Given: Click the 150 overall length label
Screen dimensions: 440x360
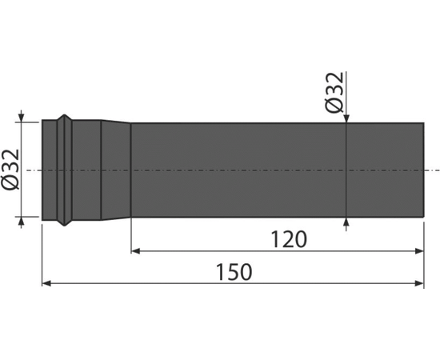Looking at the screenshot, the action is tap(234, 272).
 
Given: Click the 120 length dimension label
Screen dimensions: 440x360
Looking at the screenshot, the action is tap(289, 239).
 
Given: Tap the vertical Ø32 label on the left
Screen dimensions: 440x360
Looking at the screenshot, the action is tap(10, 170).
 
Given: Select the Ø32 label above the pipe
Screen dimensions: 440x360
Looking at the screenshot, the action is tap(334, 92).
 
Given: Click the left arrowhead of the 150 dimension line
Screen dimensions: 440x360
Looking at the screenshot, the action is tap(46, 283).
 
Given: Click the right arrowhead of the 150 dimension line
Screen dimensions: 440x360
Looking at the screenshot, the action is tap(419, 283).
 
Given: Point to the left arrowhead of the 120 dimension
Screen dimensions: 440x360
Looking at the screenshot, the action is tap(135, 251).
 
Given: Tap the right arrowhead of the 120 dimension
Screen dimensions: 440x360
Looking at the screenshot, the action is tap(419, 251).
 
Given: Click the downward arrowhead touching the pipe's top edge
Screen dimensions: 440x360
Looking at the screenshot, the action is tap(346, 118).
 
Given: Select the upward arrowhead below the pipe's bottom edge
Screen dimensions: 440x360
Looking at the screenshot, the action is tap(346, 222).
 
